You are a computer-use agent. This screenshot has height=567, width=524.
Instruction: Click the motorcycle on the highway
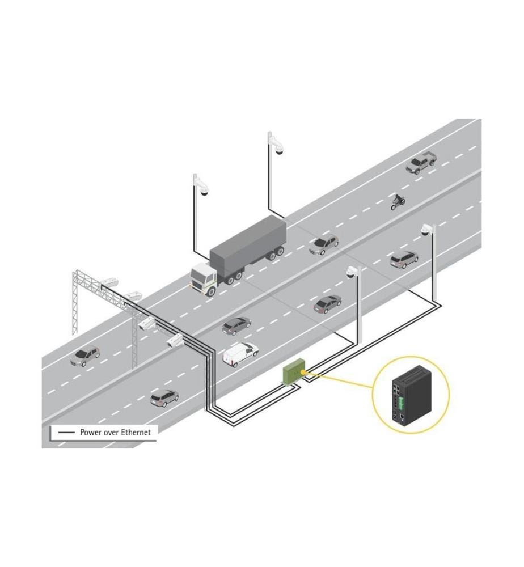(398, 202)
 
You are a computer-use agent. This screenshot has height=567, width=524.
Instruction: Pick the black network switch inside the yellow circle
(412, 396)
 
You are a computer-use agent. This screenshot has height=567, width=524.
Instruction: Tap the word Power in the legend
(90, 432)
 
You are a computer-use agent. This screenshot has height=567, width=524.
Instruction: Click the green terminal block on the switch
(402, 402)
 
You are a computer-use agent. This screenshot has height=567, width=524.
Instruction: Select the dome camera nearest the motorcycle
(427, 229)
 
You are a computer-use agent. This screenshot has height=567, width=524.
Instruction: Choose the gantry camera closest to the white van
(175, 340)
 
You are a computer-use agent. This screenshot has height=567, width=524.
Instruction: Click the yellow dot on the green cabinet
(303, 371)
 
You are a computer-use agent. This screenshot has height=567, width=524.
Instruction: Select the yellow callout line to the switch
(340, 380)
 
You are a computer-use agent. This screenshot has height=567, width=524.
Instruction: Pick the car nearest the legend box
(164, 398)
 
